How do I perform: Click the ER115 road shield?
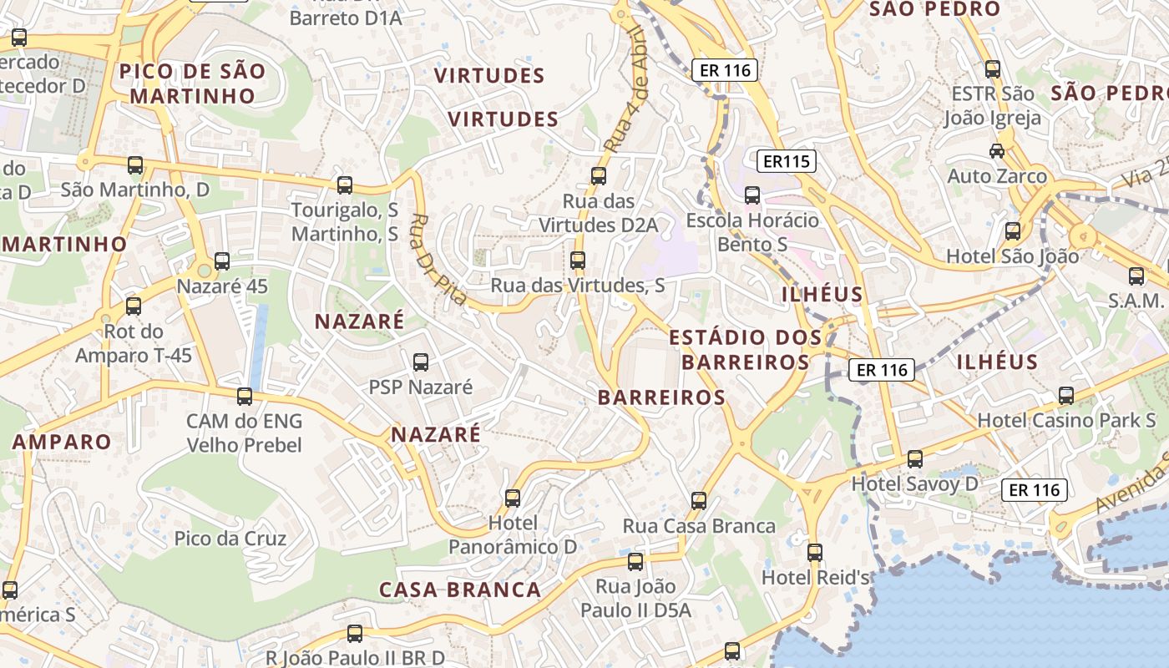[787, 161]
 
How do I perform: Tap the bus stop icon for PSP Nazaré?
[421, 362]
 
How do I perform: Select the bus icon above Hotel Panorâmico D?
[513, 498]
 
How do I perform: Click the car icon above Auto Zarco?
[996, 151]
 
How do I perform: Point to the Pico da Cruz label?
[230, 539]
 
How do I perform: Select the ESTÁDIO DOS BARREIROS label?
[740, 350]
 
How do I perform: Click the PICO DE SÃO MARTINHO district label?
[192, 83]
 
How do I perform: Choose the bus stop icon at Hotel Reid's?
[815, 552]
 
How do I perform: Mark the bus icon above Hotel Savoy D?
[915, 458]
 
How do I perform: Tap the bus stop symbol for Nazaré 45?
[222, 261]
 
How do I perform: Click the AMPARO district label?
[62, 442]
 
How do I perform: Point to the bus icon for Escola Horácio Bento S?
[752, 195]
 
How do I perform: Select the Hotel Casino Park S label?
[1066, 420]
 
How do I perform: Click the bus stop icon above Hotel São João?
[1013, 231]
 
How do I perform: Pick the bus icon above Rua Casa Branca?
[699, 501]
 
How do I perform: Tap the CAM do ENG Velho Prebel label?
[244, 433]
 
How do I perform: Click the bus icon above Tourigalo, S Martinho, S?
[345, 185]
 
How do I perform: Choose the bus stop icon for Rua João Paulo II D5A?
[635, 561]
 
